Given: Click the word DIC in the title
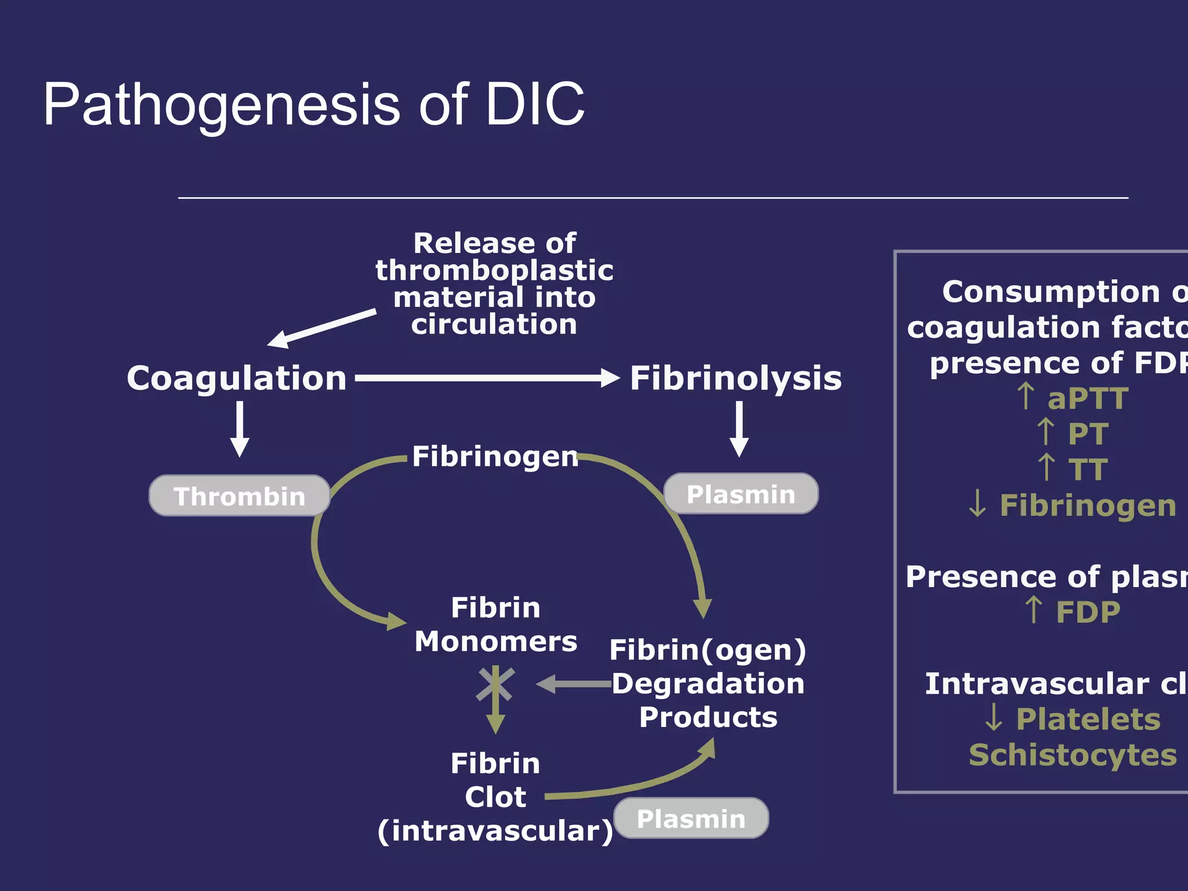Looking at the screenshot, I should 534,104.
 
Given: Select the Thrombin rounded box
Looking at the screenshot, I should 240,496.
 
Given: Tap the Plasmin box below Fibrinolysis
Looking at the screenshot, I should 741,494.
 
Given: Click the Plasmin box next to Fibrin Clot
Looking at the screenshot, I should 691,818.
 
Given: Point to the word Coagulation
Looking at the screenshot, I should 237,378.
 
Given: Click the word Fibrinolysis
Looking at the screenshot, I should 736,378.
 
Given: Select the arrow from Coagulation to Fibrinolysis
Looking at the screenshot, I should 487,378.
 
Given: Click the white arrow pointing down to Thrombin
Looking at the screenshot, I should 240,429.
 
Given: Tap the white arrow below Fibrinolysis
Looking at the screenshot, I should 739,429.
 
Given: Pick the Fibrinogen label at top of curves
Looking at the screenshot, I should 495,457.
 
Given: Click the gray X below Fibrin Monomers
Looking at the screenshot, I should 495,684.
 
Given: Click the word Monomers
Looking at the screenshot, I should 496,642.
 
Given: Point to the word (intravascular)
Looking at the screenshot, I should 495,831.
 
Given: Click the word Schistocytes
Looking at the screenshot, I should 1073,755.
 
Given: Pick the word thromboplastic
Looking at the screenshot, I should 494,270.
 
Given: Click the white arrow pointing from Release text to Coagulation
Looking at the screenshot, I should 322,328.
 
